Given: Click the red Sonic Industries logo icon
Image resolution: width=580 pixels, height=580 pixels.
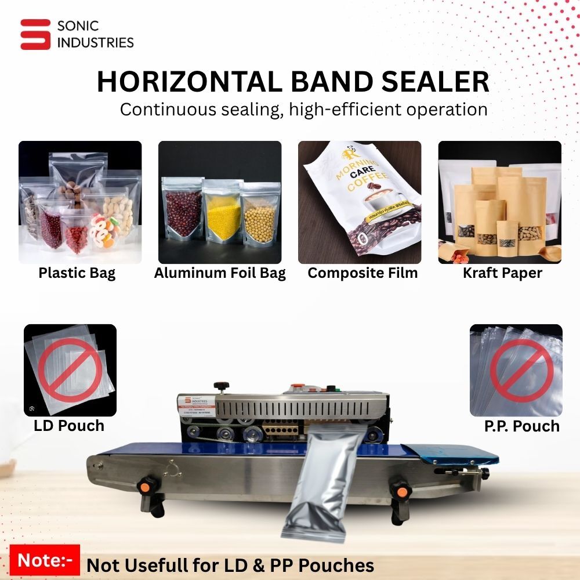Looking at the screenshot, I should point(35,34).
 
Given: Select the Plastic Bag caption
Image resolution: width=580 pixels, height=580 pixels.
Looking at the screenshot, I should point(77,273).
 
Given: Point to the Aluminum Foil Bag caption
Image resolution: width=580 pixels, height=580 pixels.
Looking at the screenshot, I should point(220,273).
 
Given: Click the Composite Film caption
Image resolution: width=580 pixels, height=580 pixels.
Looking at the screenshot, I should point(362,273).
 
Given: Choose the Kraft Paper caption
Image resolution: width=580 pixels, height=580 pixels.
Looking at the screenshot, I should point(502,273).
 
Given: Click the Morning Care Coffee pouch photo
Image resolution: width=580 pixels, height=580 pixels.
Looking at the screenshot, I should point(360,202).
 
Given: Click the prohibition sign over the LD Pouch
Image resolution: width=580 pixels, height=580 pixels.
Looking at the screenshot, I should point(70,370).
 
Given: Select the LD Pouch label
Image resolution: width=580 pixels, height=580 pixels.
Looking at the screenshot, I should point(69,426).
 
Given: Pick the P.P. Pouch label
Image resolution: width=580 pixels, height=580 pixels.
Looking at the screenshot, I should point(522,426).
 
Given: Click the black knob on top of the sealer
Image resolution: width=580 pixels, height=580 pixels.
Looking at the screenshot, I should point(220,386).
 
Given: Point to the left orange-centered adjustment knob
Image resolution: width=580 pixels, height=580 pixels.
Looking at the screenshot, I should point(146,485).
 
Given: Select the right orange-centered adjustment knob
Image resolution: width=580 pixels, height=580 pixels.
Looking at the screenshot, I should point(400,491).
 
